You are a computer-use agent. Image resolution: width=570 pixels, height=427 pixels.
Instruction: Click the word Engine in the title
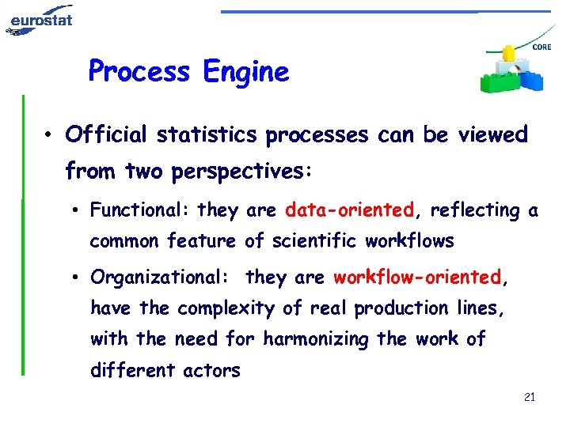click(245, 72)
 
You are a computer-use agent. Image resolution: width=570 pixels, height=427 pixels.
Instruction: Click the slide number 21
click(530, 396)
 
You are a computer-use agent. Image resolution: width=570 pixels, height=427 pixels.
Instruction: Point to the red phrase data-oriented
click(350, 210)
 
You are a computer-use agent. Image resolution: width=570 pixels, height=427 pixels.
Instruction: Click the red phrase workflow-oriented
click(417, 278)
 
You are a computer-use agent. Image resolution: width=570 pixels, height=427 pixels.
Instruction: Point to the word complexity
click(224, 308)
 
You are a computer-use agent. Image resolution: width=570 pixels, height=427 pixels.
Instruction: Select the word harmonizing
click(317, 339)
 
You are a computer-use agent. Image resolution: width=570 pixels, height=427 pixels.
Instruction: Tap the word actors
click(211, 370)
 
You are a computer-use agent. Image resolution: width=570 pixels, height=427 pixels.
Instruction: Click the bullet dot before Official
click(49, 136)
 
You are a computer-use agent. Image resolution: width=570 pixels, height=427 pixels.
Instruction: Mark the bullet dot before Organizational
click(73, 278)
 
